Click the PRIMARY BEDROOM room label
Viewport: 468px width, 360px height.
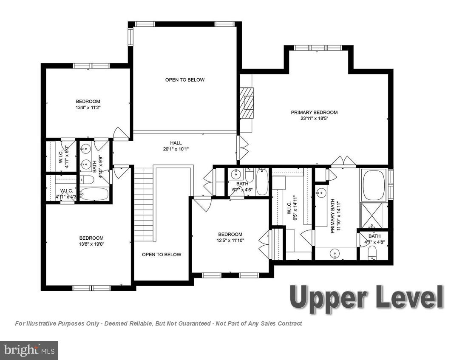[x=314, y=113]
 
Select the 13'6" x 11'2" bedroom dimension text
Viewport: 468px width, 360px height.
[x=88, y=108]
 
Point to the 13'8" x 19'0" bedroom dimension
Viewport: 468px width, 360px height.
[x=91, y=244]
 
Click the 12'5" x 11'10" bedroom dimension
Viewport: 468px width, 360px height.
[x=230, y=240]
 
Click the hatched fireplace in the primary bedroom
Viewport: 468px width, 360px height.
[x=247, y=103]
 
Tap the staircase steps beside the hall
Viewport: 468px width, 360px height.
[x=143, y=204]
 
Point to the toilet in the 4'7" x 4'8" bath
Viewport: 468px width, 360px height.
[x=372, y=252]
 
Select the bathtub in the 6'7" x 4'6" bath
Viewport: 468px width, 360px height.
[x=262, y=182]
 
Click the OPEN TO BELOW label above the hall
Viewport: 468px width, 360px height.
[x=185, y=80]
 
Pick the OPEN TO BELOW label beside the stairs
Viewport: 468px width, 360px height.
[x=162, y=255]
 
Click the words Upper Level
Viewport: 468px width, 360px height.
[x=366, y=297]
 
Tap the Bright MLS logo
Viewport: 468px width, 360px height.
[x=28, y=350]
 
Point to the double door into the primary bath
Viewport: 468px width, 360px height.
[x=343, y=161]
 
